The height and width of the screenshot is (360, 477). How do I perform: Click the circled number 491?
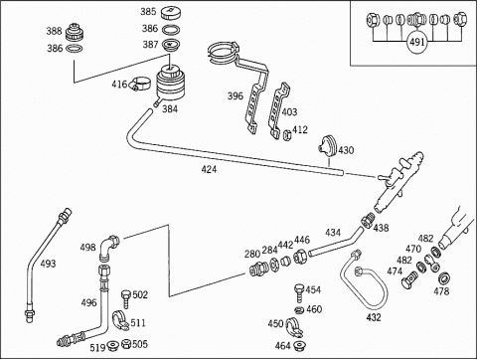[x=417, y=43]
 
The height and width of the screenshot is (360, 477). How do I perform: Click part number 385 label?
[x=148, y=12]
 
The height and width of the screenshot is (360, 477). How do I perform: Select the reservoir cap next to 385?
[x=171, y=14]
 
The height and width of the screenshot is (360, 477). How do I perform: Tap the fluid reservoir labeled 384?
[x=171, y=84]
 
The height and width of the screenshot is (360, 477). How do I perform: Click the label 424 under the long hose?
[x=209, y=169]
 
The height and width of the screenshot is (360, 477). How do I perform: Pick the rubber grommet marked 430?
[x=328, y=146]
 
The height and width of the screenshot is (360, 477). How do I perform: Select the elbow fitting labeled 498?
[x=109, y=248]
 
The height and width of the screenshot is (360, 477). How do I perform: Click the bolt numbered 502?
[x=126, y=299]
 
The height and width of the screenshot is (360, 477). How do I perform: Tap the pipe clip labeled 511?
[x=120, y=320]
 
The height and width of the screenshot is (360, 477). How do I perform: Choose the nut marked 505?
[x=126, y=344]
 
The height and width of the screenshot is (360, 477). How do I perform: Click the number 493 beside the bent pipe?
[x=48, y=264]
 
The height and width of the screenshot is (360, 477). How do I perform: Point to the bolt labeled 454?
[x=299, y=292]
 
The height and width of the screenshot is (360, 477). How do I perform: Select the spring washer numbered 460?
[x=299, y=310]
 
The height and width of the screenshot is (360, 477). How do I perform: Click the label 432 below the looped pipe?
[x=374, y=317]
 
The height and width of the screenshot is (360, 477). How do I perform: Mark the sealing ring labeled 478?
[x=443, y=277]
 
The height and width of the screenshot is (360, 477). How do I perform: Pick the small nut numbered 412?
[x=287, y=135]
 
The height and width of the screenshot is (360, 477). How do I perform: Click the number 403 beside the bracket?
[x=289, y=112]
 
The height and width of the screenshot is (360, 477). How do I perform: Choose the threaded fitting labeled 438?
[x=369, y=220]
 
